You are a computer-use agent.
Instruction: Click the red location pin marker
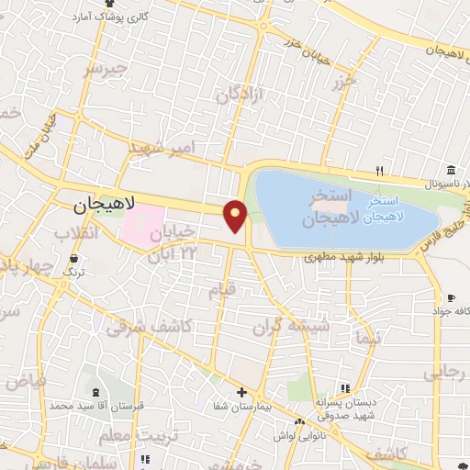(x=236, y=215)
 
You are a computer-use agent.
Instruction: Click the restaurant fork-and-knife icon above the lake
(x=379, y=170)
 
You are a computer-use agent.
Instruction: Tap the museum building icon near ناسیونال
(x=451, y=171)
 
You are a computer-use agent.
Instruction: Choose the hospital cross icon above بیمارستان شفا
(x=241, y=392)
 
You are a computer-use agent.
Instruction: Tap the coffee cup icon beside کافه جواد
(x=452, y=297)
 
